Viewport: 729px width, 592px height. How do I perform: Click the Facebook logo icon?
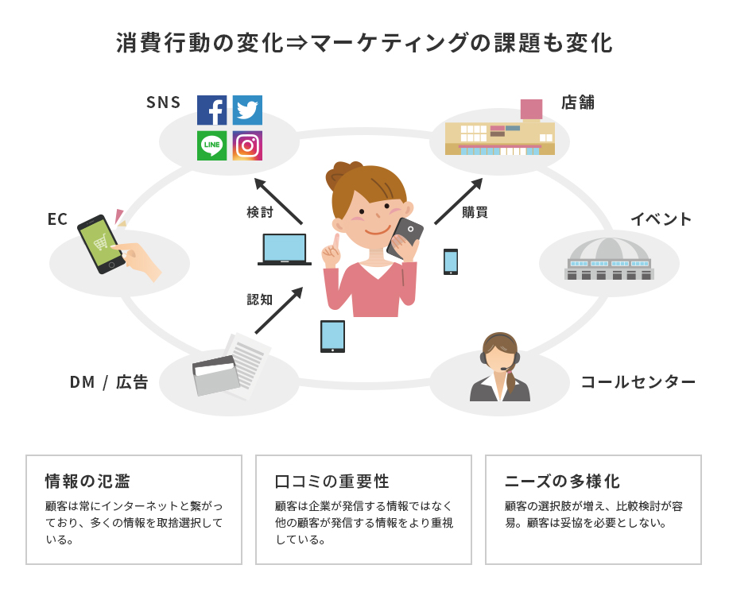(x=212, y=110)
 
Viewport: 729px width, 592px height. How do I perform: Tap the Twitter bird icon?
(x=247, y=110)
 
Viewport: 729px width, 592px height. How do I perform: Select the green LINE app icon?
(x=212, y=145)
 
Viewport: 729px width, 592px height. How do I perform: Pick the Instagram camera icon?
(x=247, y=145)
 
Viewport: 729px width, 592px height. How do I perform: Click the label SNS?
(x=164, y=103)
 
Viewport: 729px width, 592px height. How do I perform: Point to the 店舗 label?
(x=578, y=103)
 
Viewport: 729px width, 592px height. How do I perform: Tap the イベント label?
(x=661, y=219)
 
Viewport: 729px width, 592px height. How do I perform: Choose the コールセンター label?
(x=638, y=382)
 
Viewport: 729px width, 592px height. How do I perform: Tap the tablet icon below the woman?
(x=332, y=336)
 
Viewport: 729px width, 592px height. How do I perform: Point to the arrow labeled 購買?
(x=459, y=200)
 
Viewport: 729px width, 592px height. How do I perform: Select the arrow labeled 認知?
(x=278, y=311)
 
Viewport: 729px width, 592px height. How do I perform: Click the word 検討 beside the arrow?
(x=260, y=213)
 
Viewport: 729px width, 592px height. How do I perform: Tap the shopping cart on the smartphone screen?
(x=100, y=244)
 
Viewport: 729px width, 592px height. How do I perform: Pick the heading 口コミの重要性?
(x=332, y=482)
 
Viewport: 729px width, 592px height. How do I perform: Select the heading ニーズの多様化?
(x=562, y=482)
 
